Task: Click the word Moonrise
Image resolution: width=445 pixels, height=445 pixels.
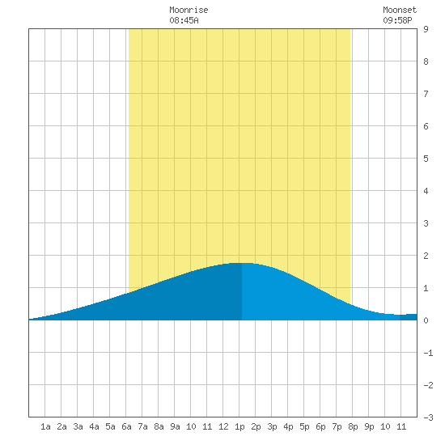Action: (189, 11)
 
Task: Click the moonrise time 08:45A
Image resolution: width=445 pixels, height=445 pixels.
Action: (184, 20)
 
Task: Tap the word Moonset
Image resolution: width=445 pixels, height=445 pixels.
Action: (400, 11)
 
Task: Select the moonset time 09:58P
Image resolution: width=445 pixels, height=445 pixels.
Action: (397, 20)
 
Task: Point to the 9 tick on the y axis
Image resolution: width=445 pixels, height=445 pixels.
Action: (426, 29)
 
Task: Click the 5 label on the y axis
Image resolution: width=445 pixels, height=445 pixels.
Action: (426, 159)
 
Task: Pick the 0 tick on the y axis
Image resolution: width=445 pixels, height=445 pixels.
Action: (426, 320)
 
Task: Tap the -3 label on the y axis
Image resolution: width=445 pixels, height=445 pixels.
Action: (428, 417)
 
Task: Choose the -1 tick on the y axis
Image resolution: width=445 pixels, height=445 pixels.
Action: (428, 353)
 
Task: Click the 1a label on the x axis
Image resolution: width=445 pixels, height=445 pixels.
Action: (45, 426)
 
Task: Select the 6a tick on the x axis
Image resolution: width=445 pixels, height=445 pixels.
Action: (126, 426)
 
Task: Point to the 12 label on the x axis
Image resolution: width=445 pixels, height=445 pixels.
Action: (223, 426)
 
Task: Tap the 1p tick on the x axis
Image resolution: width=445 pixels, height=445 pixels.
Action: (239, 426)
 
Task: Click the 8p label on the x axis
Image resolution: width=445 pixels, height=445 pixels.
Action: (353, 426)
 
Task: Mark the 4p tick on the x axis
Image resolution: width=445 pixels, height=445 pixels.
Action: (288, 426)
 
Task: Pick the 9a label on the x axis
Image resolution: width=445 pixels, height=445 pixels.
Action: (175, 426)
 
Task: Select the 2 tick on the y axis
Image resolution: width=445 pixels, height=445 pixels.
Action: (426, 256)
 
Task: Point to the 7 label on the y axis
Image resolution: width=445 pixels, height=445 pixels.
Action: (426, 94)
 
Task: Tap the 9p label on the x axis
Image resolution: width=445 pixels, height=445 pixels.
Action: (369, 426)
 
